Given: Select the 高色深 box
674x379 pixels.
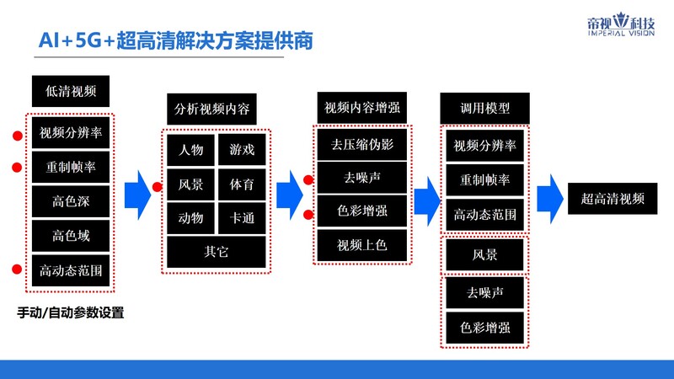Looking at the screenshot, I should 70,201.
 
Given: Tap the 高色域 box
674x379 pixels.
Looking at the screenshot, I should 70,236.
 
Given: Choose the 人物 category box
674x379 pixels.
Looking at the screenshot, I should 190,150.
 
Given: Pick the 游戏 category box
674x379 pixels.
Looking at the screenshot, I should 242,150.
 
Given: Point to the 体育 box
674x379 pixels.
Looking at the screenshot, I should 242,184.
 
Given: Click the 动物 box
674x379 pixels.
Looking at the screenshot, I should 190,217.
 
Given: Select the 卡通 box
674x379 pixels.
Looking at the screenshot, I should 242,217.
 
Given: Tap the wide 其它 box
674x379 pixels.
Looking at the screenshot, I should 217,251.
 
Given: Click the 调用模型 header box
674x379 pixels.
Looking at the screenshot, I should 484,109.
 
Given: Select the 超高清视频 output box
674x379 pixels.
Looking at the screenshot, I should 612,199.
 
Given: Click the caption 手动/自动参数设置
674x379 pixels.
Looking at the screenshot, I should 71,313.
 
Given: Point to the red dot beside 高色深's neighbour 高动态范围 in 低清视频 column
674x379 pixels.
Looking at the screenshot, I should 16,270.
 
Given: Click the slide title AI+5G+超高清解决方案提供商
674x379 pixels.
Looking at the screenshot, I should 168,40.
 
